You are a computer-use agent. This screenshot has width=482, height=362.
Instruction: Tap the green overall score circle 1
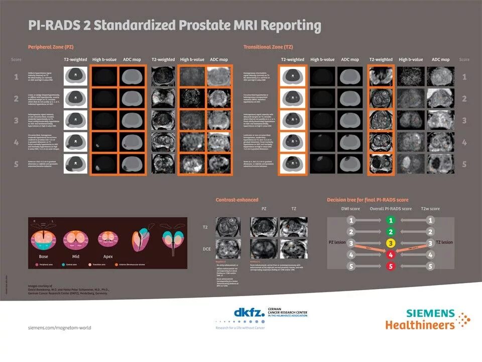click(x=391, y=220)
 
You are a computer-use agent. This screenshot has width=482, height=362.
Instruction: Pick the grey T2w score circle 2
click(x=430, y=232)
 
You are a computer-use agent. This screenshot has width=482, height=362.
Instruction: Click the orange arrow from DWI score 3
click(x=371, y=248)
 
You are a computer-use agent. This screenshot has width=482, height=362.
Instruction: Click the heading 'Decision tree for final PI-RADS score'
click(x=368, y=199)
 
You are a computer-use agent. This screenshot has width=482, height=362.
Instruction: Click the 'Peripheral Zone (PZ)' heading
click(x=51, y=47)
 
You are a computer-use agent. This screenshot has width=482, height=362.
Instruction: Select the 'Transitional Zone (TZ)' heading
click(x=268, y=47)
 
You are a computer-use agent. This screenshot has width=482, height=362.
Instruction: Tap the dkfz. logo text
click(x=250, y=313)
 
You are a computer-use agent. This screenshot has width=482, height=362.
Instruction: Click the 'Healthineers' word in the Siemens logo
click(x=420, y=324)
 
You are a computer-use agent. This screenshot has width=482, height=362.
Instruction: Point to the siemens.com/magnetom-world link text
click(x=59, y=327)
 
